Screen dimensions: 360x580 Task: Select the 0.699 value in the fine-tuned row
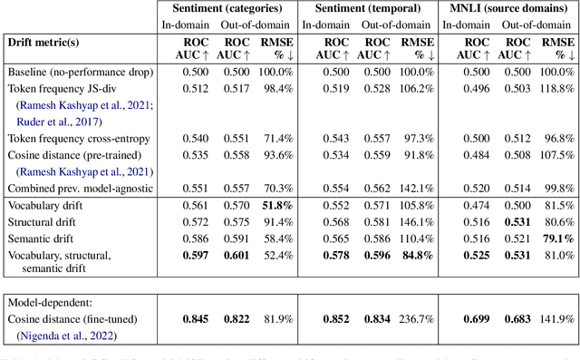tap(468, 319)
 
